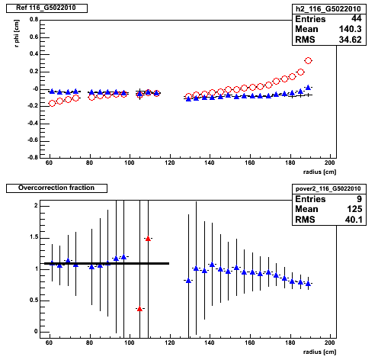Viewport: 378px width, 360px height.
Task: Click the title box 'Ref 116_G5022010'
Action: [x=46, y=8]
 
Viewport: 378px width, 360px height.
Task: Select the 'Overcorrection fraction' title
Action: [x=56, y=188]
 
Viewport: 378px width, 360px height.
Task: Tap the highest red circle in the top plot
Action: [x=308, y=61]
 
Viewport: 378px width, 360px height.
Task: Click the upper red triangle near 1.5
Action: [x=148, y=239]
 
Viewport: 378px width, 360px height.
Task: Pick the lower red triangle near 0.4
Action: [x=139, y=309]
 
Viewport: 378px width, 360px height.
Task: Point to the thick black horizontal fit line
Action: [x=107, y=263]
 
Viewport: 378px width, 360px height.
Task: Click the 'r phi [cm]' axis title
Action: [x=17, y=34]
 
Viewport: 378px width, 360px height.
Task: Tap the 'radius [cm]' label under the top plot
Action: [x=319, y=172]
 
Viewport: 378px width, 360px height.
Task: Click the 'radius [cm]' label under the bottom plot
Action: [x=319, y=352]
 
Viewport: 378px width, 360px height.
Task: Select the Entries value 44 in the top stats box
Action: [x=357, y=18]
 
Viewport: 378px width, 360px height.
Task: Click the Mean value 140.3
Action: [x=350, y=29]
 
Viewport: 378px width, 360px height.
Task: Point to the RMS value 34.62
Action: [x=350, y=40]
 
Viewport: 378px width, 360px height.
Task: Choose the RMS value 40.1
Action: [x=354, y=220]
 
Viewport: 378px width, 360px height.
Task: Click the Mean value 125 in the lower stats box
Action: [x=354, y=209]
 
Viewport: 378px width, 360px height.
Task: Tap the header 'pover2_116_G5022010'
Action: [x=328, y=188]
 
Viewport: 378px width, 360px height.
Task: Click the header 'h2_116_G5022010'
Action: [x=328, y=9]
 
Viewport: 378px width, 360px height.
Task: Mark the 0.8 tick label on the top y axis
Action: [x=34, y=19]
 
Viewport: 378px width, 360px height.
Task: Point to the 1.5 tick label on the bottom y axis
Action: [x=34, y=237]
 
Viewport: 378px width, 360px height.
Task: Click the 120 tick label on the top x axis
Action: [x=170, y=162]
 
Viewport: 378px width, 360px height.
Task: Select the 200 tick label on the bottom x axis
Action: [x=330, y=342]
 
